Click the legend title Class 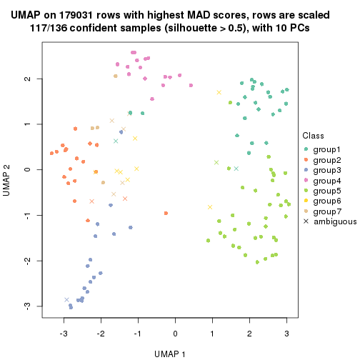click(x=314, y=136)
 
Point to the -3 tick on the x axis click(x=64, y=332)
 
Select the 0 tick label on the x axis click(x=175, y=332)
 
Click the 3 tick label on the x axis click(x=286, y=332)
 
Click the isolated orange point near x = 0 click(x=166, y=213)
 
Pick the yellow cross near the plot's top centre click(x=219, y=92)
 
